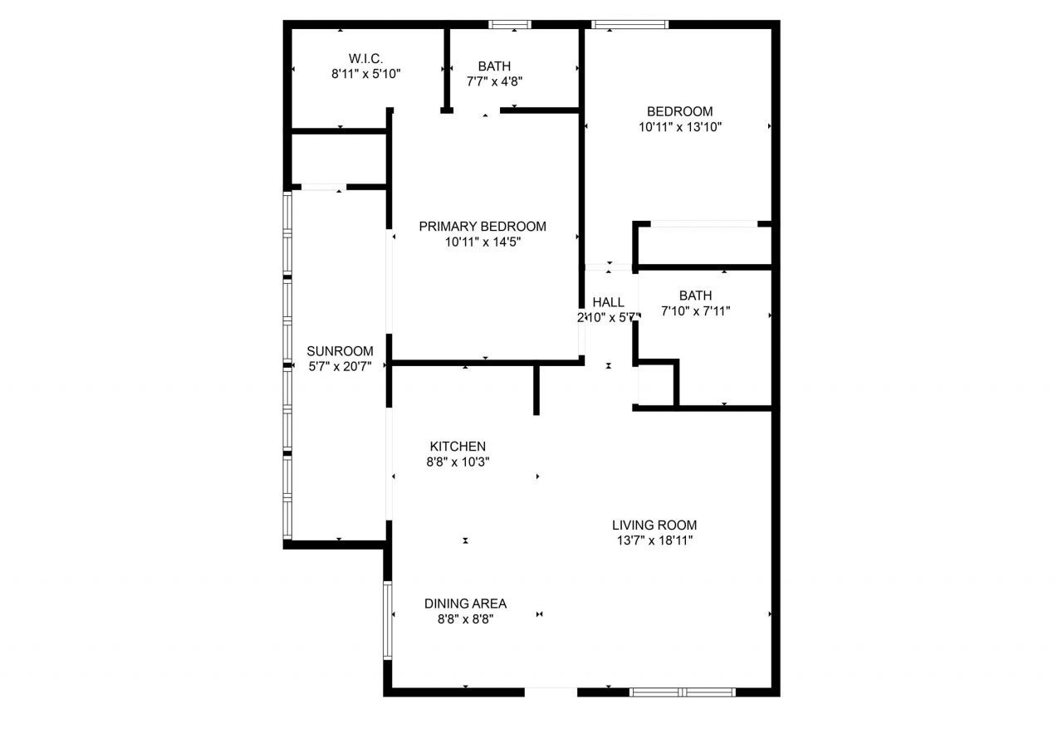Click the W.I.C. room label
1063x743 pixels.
365,58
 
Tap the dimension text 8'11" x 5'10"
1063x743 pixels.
365,74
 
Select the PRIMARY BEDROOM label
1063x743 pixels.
483,227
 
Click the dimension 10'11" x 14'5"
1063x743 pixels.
483,242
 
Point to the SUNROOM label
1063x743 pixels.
340,351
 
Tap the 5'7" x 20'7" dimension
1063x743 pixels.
340,366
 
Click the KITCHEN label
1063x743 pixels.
458,447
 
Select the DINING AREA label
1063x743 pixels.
465,604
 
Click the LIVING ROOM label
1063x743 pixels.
654,525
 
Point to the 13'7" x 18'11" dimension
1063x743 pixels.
654,540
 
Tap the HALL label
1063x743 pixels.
608,302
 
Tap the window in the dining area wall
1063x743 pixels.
387,620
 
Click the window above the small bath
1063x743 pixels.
510,24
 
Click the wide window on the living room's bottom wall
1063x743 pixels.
682,692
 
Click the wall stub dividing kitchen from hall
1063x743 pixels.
536,389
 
